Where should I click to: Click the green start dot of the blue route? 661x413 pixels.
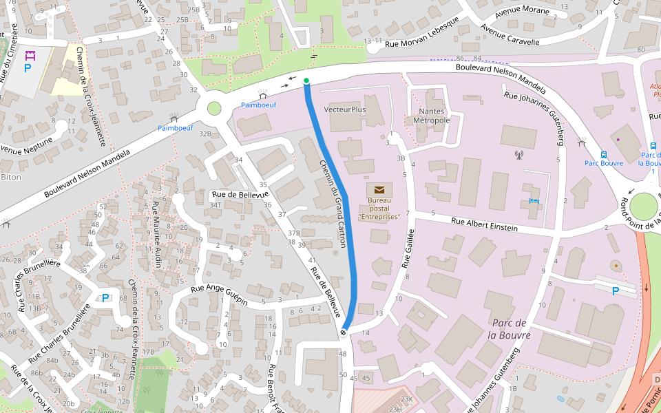pos(306,81)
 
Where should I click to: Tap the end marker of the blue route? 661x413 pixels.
pos(343,333)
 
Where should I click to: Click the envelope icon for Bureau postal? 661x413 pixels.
pos(379,189)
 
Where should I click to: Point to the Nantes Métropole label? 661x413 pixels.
pos(431,116)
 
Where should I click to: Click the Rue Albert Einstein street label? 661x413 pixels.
pos(484,224)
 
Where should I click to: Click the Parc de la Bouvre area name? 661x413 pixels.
pos(510,329)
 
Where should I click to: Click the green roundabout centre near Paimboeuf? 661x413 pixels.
pos(214,108)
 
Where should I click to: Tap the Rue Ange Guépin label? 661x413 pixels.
pos(219,295)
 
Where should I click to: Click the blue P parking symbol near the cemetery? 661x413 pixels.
pos(28,68)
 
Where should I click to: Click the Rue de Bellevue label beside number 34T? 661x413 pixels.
pos(240,195)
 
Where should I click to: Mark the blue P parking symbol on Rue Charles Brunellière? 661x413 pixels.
pos(105,298)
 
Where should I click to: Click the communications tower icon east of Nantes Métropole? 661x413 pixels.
pos(518,155)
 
